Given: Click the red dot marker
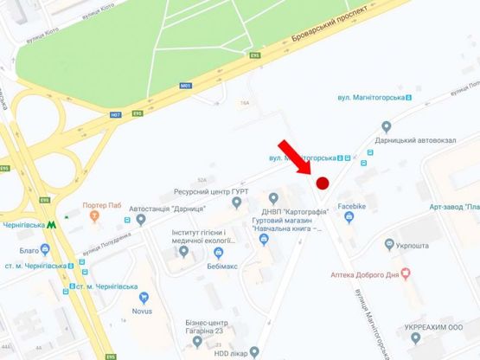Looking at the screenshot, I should coord(323,183).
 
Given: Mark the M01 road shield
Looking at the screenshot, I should coord(185,86).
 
